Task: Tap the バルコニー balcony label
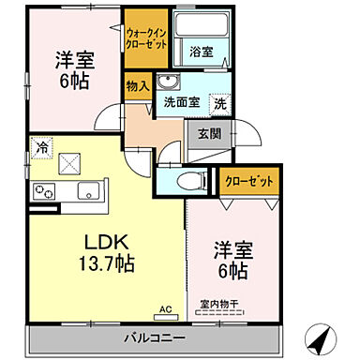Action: pyautogui.click(x=155, y=336)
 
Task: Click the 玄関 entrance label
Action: pyautogui.click(x=209, y=133)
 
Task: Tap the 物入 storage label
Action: pyautogui.click(x=136, y=85)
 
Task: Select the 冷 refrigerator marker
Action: pyautogui.click(x=42, y=146)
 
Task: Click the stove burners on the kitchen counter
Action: pyautogui.click(x=44, y=191)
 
